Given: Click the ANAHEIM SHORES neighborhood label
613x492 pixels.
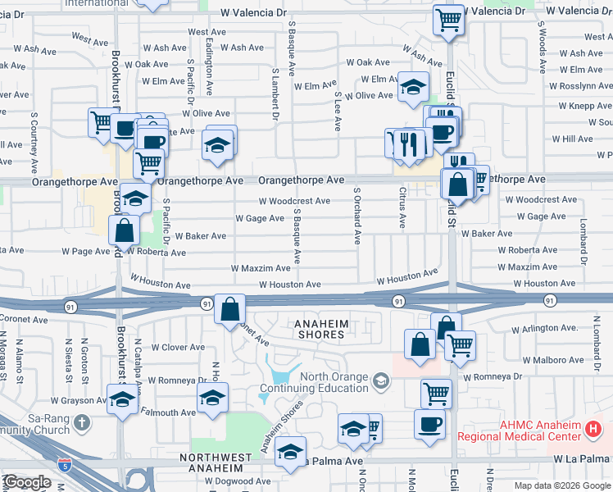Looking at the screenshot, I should click(x=321, y=329).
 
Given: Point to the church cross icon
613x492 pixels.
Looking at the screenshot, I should click(x=80, y=422).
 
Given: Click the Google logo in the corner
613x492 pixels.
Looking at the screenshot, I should click(x=26, y=483).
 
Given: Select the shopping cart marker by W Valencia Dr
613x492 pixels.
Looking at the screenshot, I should click(x=448, y=20).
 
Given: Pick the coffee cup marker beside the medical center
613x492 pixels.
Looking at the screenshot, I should click(x=430, y=425).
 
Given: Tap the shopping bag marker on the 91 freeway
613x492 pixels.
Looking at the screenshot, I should click(x=230, y=310).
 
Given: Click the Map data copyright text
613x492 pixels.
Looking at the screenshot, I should click(x=561, y=485).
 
